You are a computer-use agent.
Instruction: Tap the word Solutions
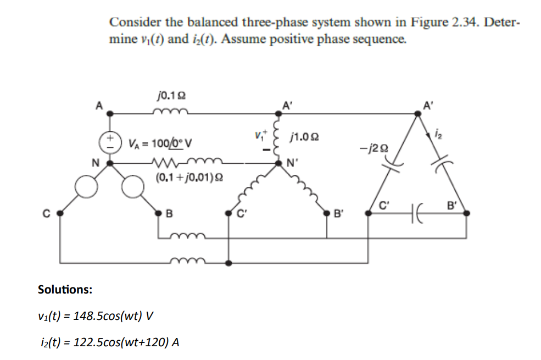[x=65, y=289]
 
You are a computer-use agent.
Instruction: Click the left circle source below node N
[x=86, y=189]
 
